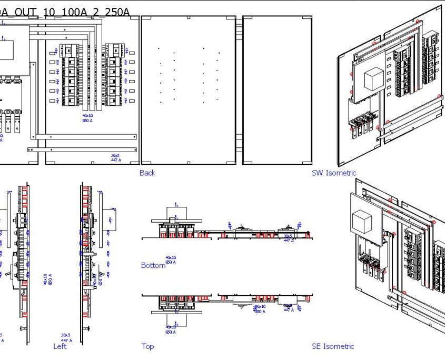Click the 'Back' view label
147,173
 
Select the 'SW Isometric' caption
333,173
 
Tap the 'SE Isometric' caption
333,346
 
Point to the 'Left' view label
60,346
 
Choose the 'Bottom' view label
153,265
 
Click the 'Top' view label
147,346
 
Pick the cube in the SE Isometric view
363,221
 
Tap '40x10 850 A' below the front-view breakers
87,117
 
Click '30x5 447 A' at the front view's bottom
116,157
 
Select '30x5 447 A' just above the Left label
66,337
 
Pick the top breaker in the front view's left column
70,51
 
